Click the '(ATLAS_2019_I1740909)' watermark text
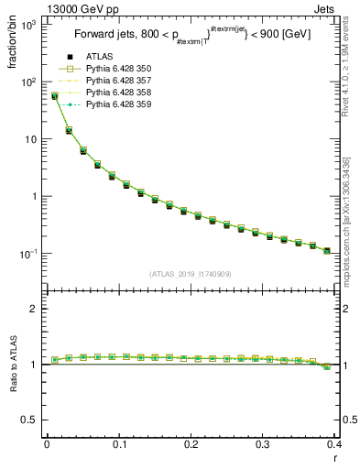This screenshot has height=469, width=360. pyautogui.click(x=191, y=274)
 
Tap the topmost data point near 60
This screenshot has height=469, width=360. pyautogui.click(x=54, y=95)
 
